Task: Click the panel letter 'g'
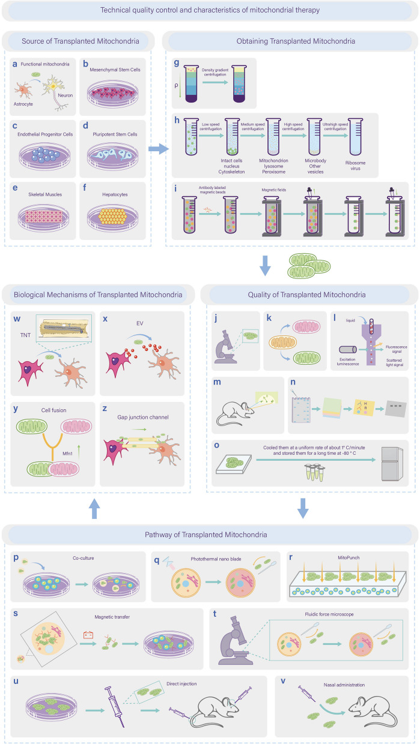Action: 177,62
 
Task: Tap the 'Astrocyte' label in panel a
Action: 23,104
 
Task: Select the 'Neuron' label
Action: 65,95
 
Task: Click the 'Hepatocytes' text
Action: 115,194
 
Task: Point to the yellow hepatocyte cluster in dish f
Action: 113,216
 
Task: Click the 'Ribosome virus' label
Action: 355,166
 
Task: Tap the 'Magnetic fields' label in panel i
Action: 273,190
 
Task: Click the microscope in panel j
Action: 226,347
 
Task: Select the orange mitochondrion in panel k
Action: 282,343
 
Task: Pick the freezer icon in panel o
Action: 392,464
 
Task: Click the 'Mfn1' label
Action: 67,454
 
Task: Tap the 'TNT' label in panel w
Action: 25,335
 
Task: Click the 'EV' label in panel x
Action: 139,323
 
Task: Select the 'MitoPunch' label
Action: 348,557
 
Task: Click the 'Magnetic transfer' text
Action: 112,617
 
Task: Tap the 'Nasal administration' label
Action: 344,685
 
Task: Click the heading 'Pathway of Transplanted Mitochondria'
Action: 206,535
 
